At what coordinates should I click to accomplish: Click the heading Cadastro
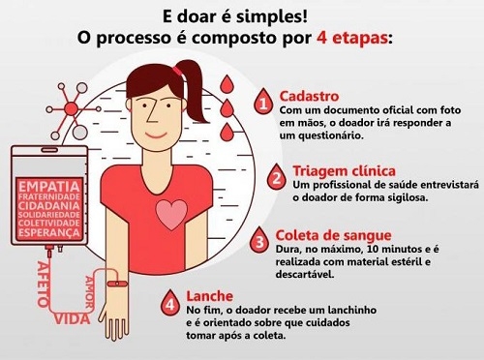point(309,96)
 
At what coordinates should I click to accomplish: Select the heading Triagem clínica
point(344,171)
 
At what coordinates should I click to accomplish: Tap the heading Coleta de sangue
point(333,235)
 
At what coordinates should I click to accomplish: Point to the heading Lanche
point(210,296)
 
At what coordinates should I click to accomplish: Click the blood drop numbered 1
point(263,102)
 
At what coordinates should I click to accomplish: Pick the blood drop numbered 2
point(277,176)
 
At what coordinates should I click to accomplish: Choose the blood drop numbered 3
point(259,240)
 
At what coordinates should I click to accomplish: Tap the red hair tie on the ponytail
point(176,70)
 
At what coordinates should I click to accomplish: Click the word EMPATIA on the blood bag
point(49,187)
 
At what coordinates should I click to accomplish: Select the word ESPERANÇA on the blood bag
point(49,232)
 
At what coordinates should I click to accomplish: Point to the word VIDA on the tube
point(72,319)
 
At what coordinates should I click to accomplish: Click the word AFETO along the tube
point(43,284)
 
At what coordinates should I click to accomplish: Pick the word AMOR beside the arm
point(89,292)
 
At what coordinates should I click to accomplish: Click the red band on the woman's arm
point(117,284)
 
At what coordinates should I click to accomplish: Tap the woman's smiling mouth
point(156,135)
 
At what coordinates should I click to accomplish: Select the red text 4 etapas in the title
point(353,39)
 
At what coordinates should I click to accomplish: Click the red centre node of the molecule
point(71,108)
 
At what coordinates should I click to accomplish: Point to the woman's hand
point(113,322)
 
